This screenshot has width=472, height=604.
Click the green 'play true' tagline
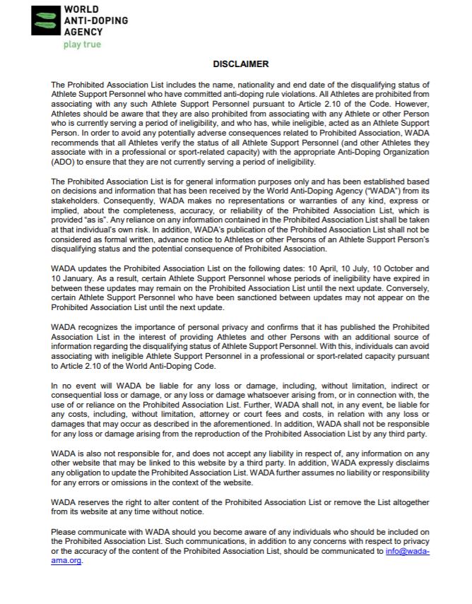click(83, 45)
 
